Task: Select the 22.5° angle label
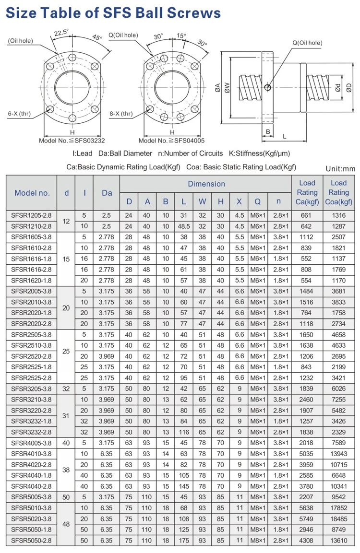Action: pos(61,33)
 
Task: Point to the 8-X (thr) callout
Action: pos(120,114)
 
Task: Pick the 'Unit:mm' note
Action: pos(340,168)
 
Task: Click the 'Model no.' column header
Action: pos(32,193)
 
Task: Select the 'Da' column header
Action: pos(107,193)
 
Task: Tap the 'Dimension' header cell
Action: pos(206,184)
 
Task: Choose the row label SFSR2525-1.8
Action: pos(32,367)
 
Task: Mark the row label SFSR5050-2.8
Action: pos(32,540)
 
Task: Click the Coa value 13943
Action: pos(338,454)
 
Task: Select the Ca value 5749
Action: pos(307,518)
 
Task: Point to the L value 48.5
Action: pos(183,226)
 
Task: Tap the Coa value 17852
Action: pos(338,507)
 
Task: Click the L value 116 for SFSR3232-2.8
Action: pos(183,432)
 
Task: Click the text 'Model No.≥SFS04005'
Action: pos(171,141)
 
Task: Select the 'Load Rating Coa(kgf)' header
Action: pos(338,193)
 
